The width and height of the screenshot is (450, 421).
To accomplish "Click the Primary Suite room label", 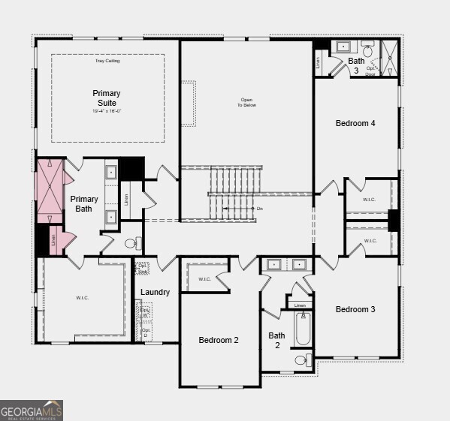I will coord(107,98).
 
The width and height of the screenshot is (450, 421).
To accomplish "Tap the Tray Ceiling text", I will coord(107,61).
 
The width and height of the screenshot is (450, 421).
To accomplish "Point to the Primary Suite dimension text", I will coord(107,111).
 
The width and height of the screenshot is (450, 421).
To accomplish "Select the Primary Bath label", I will coord(84,203).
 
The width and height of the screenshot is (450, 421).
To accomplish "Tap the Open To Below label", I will coord(246,103).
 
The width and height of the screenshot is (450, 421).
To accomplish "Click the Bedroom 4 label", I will coord(355,123).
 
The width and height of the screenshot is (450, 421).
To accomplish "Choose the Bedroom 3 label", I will coord(355,309).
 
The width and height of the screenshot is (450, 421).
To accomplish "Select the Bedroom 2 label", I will coord(219,340).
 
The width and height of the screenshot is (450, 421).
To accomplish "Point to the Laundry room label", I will coord(155,292).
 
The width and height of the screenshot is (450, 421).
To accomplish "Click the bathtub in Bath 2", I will coord(302,328).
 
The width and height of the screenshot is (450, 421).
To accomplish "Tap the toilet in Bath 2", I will coord(301,360).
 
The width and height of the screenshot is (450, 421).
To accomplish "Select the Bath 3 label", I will coord(355,65).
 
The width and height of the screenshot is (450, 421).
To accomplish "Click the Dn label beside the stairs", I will coord(260,208).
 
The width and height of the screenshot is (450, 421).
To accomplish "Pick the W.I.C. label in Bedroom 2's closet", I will coord(204,279).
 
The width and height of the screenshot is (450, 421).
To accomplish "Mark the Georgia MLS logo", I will coord(32,410).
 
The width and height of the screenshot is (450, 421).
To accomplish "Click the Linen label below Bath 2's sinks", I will coord(300,305).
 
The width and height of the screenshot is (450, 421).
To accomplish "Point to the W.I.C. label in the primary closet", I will coord(82,298).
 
